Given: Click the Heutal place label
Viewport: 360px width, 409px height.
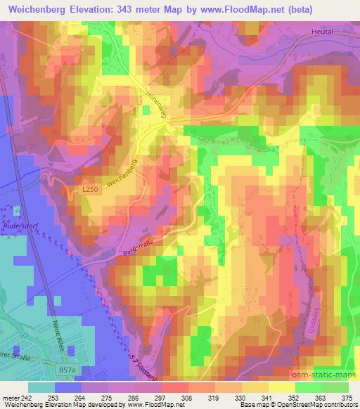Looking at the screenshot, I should tap(321, 32).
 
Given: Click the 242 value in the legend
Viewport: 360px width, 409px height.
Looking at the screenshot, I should tap(25, 398).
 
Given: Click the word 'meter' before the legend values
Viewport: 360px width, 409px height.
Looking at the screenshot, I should tap(10, 398).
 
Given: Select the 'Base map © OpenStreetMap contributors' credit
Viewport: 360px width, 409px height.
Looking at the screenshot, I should tap(298, 405).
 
